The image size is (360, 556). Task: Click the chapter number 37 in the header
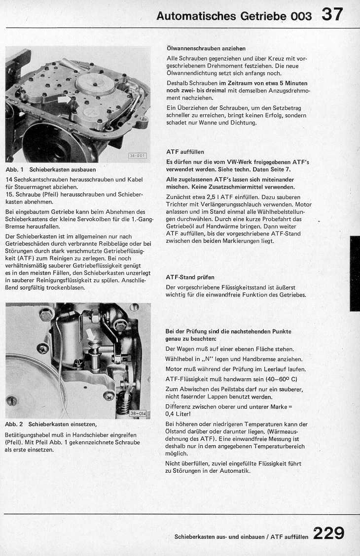(332, 15)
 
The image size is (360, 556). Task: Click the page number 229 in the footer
(328, 533)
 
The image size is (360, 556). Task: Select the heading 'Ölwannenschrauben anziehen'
(206, 48)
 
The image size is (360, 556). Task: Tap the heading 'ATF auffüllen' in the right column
(185, 152)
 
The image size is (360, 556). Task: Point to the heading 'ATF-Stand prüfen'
(190, 277)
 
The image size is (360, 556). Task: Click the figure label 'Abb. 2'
(14, 424)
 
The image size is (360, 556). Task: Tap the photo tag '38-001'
(138, 156)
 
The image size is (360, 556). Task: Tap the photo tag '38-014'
(138, 413)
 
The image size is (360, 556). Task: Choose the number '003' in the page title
(301, 16)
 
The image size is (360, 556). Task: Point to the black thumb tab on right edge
(355, 273)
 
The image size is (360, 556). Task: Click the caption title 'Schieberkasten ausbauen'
(63, 169)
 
